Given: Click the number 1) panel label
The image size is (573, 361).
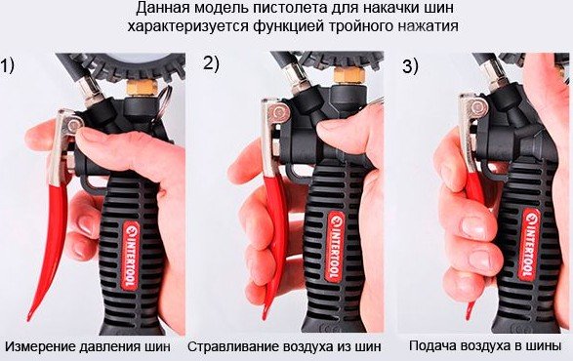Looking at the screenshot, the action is (7, 65).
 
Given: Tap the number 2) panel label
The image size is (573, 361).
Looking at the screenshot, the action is (211, 63).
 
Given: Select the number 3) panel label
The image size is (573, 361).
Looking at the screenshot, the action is (410, 66).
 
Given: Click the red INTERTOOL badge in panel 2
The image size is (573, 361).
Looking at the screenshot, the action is (336, 248).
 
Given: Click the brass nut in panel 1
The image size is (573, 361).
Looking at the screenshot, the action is (143, 88).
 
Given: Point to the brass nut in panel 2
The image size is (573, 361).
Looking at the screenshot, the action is (349, 76).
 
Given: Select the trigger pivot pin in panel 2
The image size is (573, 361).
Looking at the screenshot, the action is (280, 112).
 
